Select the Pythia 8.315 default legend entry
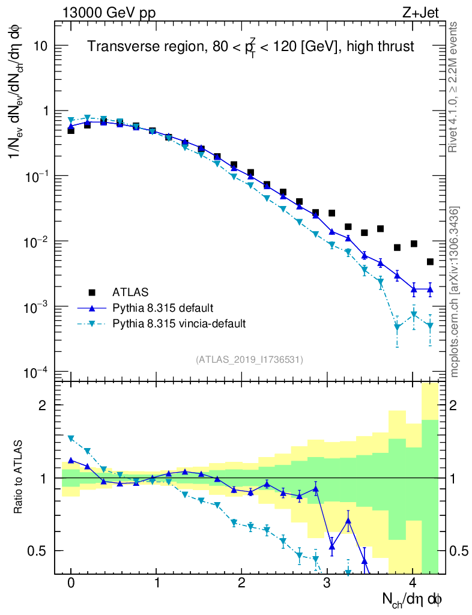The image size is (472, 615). (162, 308)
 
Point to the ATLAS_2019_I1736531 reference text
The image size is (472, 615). (249, 360)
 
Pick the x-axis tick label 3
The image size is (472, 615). (327, 583)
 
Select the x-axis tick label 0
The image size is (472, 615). (71, 583)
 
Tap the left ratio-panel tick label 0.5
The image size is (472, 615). (40, 551)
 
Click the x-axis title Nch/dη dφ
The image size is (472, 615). (413, 599)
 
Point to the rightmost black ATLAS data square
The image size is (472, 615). (430, 262)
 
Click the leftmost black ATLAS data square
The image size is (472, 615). (71, 130)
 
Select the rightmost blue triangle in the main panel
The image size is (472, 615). (430, 289)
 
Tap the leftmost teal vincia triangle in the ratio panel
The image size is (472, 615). (71, 438)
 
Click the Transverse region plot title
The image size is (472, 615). (250, 47)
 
